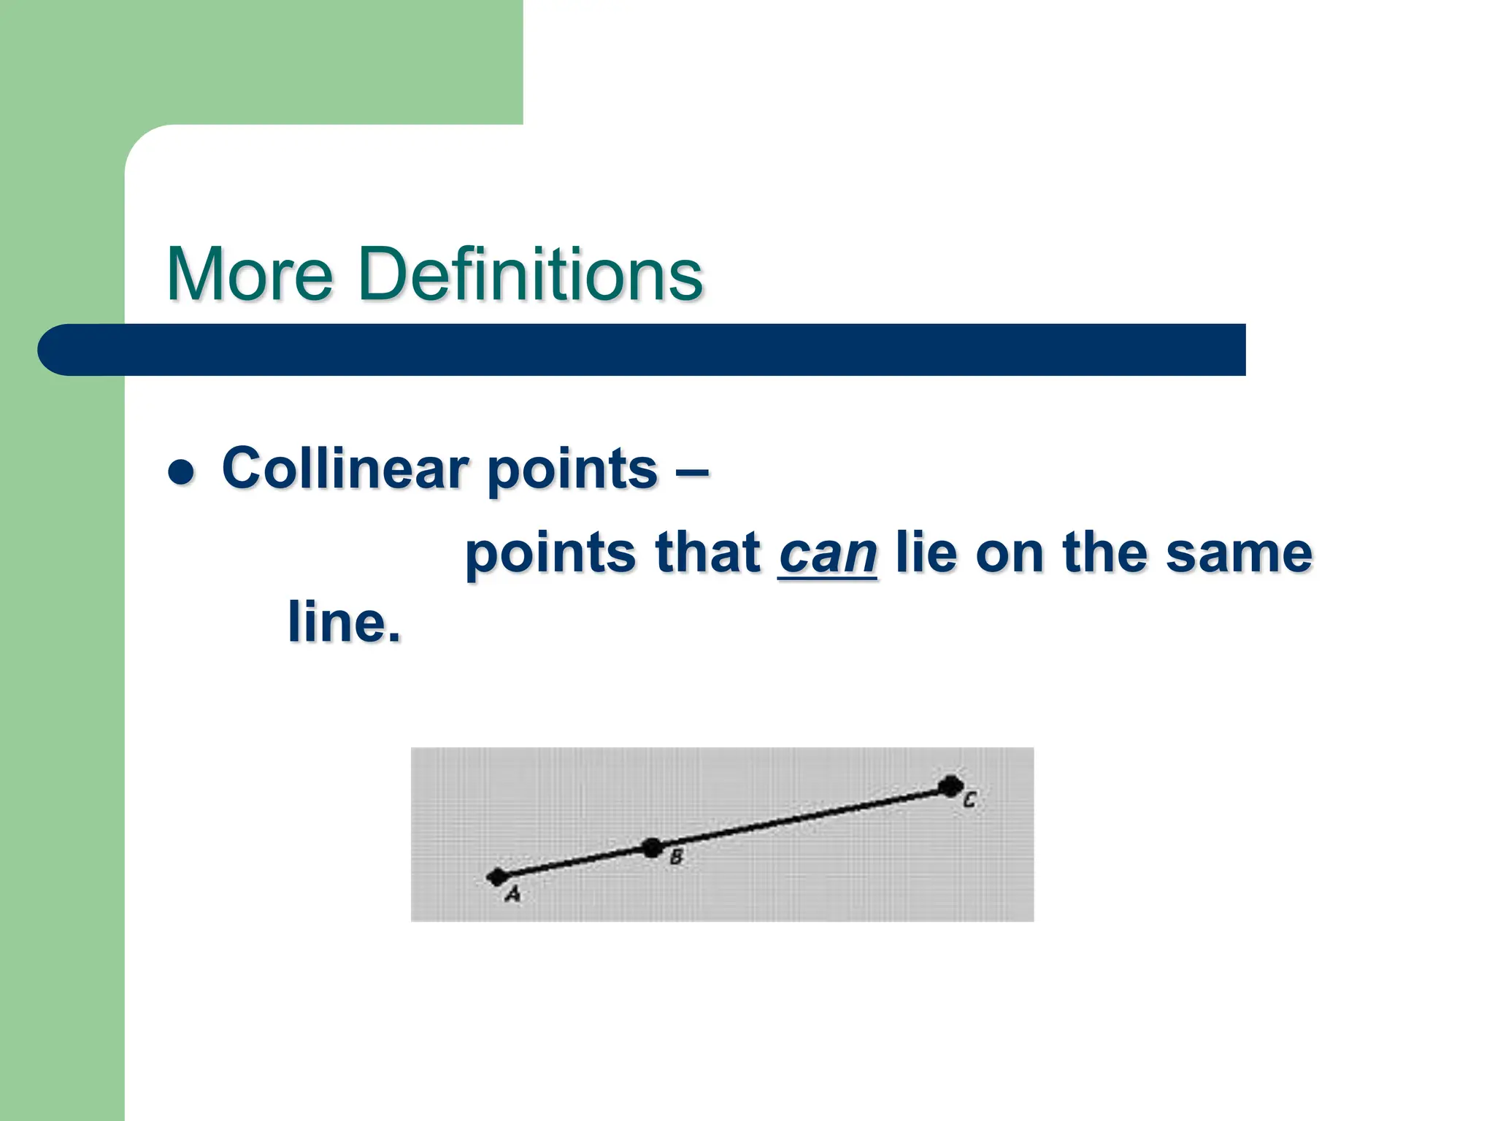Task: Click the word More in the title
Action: (250, 274)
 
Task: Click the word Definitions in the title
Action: (530, 274)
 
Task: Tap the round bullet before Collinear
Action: (181, 472)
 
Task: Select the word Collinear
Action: (345, 468)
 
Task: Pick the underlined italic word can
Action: (828, 554)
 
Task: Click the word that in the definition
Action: (708, 552)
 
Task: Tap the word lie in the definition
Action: (926, 552)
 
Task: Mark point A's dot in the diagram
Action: (498, 876)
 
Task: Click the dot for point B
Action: (652, 848)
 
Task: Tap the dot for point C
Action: (950, 786)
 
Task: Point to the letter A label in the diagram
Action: (513, 894)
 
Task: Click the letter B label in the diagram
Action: (676, 858)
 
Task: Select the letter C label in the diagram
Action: (969, 800)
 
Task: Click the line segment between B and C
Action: (803, 817)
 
